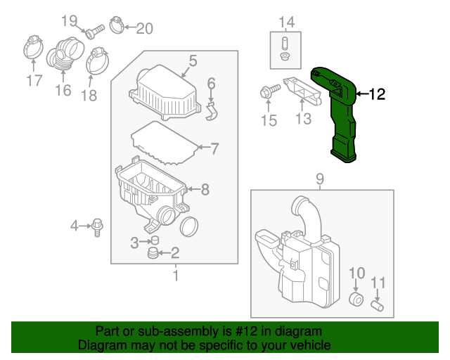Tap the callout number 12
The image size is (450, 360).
click(x=377, y=94)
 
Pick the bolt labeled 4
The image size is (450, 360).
click(x=97, y=226)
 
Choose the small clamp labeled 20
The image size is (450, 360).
click(x=119, y=27)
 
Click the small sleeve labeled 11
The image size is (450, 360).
click(x=378, y=305)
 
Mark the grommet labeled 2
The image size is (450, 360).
click(x=153, y=253)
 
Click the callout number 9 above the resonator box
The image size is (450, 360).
click(x=320, y=179)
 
